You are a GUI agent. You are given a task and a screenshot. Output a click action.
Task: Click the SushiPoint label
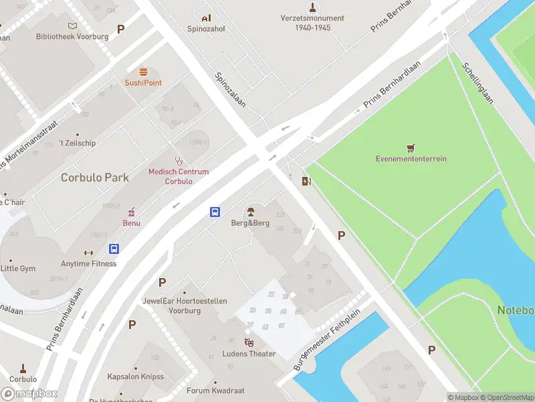coord(143,82)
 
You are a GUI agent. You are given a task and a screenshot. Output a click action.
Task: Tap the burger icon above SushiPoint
coord(143,71)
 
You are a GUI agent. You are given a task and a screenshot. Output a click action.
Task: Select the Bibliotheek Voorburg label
coord(72,36)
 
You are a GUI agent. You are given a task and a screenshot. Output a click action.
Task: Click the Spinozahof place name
coord(206,29)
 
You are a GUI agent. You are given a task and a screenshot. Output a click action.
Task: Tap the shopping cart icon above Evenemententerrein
coord(411,147)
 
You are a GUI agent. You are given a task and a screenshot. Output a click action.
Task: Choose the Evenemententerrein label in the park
coord(411,159)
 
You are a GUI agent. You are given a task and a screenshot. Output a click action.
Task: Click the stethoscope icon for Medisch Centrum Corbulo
coord(179,160)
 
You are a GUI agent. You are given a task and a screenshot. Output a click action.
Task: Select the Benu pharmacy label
coord(131,222)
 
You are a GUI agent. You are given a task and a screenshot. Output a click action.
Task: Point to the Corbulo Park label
coord(95,178)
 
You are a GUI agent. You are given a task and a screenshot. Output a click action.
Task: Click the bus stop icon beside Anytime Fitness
coord(114,249)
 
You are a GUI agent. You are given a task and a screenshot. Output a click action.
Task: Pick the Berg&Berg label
coord(251,222)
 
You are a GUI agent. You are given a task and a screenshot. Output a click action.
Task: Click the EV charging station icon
coord(306,180)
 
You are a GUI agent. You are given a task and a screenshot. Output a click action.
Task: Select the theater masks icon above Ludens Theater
coord(249,342)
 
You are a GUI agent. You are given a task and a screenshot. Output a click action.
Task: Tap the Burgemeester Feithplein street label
coord(327,340)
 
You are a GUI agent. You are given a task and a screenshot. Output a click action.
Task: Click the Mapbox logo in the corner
coord(29,393)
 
